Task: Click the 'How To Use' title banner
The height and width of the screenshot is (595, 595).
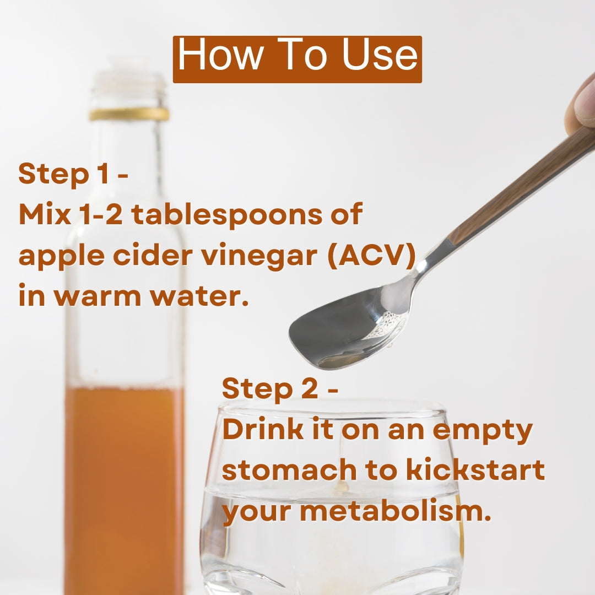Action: pos(297,59)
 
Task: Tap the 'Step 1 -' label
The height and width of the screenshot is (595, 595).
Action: pos(73,174)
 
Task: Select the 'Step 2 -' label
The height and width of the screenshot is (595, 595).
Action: pos(280,389)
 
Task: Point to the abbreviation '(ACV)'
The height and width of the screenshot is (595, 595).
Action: pos(371,256)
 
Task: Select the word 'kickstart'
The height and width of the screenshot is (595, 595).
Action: pos(475,469)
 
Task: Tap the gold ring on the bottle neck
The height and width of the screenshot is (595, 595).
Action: pos(129,114)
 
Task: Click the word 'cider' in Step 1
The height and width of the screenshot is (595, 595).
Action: pos(153,255)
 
